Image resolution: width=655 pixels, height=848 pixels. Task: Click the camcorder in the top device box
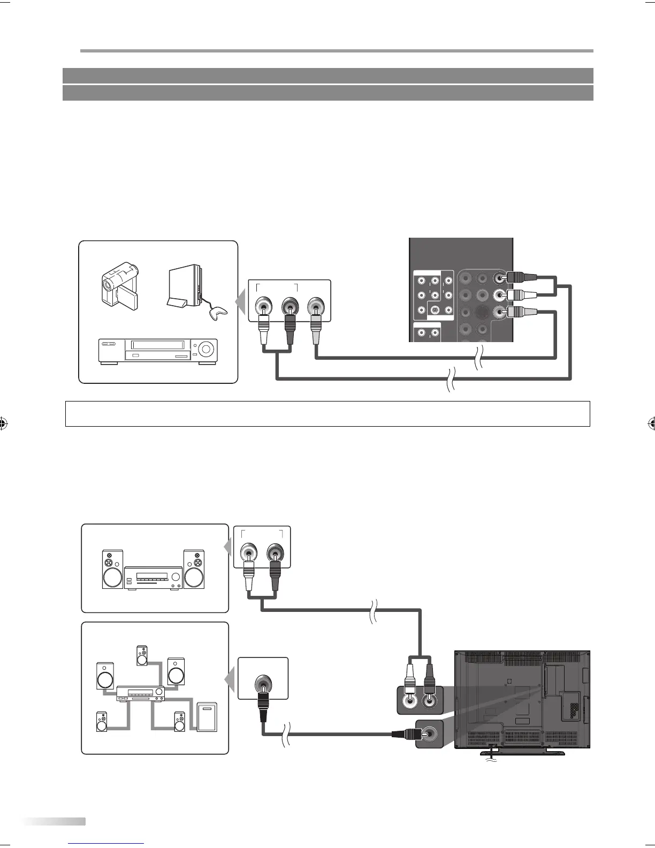[x=120, y=285]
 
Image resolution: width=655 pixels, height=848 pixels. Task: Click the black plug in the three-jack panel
[x=290, y=329]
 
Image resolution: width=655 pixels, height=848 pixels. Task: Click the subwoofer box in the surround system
[x=207, y=716]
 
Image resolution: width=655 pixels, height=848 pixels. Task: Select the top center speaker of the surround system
[x=142, y=655]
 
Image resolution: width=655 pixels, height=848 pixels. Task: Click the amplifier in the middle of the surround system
[x=140, y=694]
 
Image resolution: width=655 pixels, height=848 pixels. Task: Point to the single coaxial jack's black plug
[x=263, y=707]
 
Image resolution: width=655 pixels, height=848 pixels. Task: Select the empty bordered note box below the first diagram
[x=327, y=414]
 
